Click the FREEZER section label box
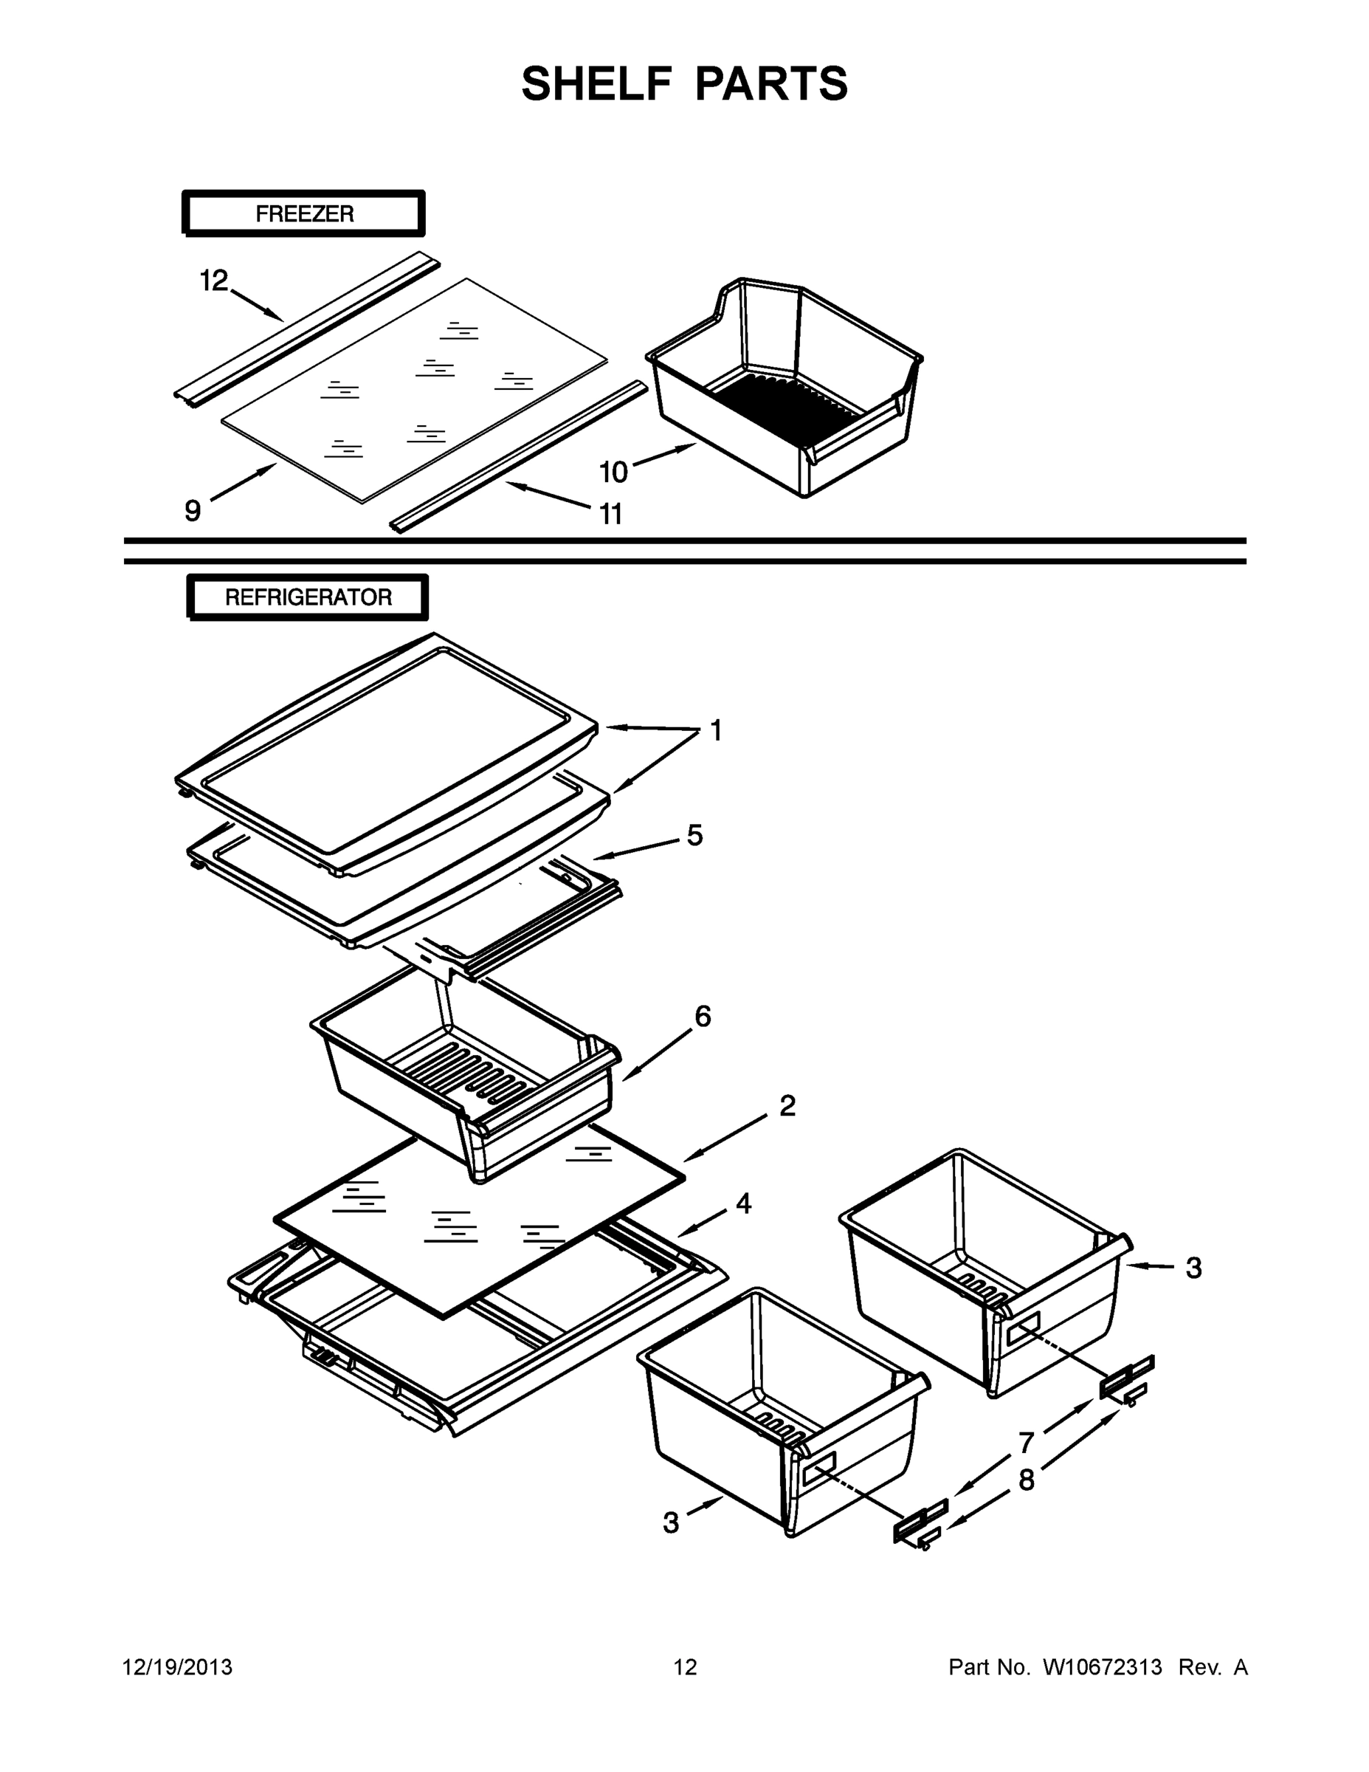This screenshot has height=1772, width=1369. pos(304,214)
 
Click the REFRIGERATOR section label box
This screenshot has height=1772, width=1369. pos(308,598)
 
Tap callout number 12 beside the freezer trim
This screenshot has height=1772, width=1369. pos(214,281)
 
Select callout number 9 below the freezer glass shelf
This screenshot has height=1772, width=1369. pos(192,510)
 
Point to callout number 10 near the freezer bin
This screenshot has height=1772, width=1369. pos(614,471)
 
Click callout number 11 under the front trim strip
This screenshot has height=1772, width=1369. pos(610,514)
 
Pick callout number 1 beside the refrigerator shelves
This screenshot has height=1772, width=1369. pos(715,731)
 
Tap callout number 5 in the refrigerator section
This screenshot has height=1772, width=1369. pos(695,835)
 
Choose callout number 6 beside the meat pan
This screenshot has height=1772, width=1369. pos(703,1016)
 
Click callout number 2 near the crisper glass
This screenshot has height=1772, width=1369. pos(787,1105)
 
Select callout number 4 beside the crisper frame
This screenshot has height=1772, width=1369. pos(743,1203)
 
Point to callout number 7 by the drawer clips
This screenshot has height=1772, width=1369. pos(1027,1443)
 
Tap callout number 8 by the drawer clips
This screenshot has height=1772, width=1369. pos(1027,1480)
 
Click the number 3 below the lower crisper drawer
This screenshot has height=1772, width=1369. pos(671,1523)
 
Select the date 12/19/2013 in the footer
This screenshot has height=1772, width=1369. pos(178,1666)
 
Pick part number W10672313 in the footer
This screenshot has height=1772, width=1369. pos(1102,1666)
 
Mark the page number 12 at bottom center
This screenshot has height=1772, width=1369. pos(685,1666)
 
